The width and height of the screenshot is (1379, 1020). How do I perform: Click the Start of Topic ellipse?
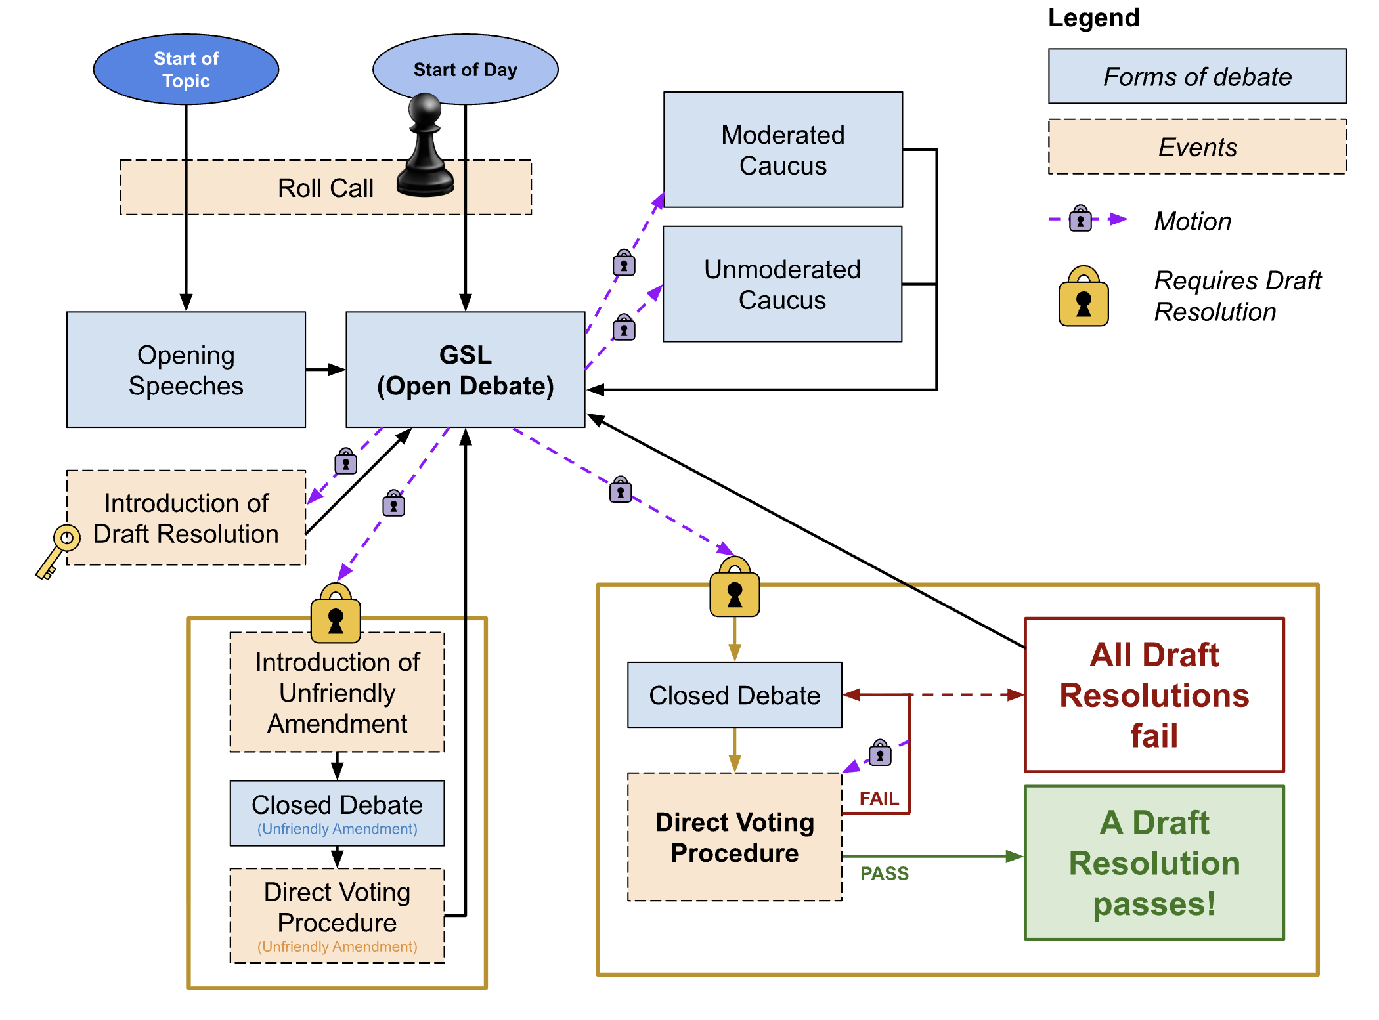[x=186, y=70]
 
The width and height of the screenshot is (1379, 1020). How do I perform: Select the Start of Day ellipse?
[x=466, y=70]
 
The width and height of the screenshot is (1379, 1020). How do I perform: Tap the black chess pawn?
[x=426, y=145]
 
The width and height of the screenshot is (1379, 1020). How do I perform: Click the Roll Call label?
[x=326, y=188]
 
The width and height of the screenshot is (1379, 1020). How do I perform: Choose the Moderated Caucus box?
[x=783, y=150]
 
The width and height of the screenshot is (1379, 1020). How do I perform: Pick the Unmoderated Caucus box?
[x=782, y=284]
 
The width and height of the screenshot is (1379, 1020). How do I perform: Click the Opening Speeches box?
[x=186, y=370]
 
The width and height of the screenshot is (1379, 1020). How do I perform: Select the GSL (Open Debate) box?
[x=466, y=370]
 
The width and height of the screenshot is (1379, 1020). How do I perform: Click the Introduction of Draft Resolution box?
[x=186, y=518]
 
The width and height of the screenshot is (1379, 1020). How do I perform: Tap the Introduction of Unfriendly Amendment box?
[x=337, y=692]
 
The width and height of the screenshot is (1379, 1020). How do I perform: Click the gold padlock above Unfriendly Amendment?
[x=336, y=613]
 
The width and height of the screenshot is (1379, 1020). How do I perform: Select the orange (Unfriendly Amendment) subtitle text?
[x=337, y=946]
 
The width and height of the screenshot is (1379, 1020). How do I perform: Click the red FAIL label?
[x=879, y=798]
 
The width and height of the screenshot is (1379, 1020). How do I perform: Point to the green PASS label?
[x=885, y=874]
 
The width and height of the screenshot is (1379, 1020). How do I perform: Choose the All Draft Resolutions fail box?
[x=1154, y=695]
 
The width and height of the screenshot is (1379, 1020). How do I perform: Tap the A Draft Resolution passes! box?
[x=1154, y=862]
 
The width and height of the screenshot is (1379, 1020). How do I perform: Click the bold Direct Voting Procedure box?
[x=735, y=837]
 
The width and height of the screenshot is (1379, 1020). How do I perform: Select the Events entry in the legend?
[x=1197, y=146]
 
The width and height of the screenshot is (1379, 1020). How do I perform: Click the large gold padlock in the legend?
[x=1083, y=296]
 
